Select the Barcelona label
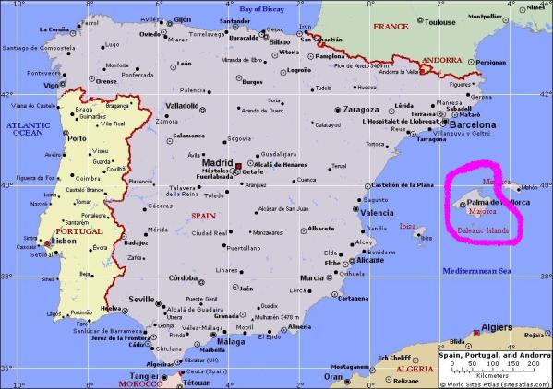pyautogui.click(x=472, y=124)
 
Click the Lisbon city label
pyautogui.click(x=66, y=241)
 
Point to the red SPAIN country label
pyautogui.click(x=203, y=215)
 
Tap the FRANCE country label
pyautogui.click(x=390, y=27)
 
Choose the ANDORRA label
pyautogui.click(x=441, y=60)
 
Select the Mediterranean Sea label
pyautogui.click(x=477, y=271)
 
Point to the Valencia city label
pyautogui.click(x=377, y=213)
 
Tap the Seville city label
pyautogui.click(x=141, y=300)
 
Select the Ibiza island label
pyautogui.click(x=407, y=226)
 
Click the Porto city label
pyautogui.click(x=78, y=139)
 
